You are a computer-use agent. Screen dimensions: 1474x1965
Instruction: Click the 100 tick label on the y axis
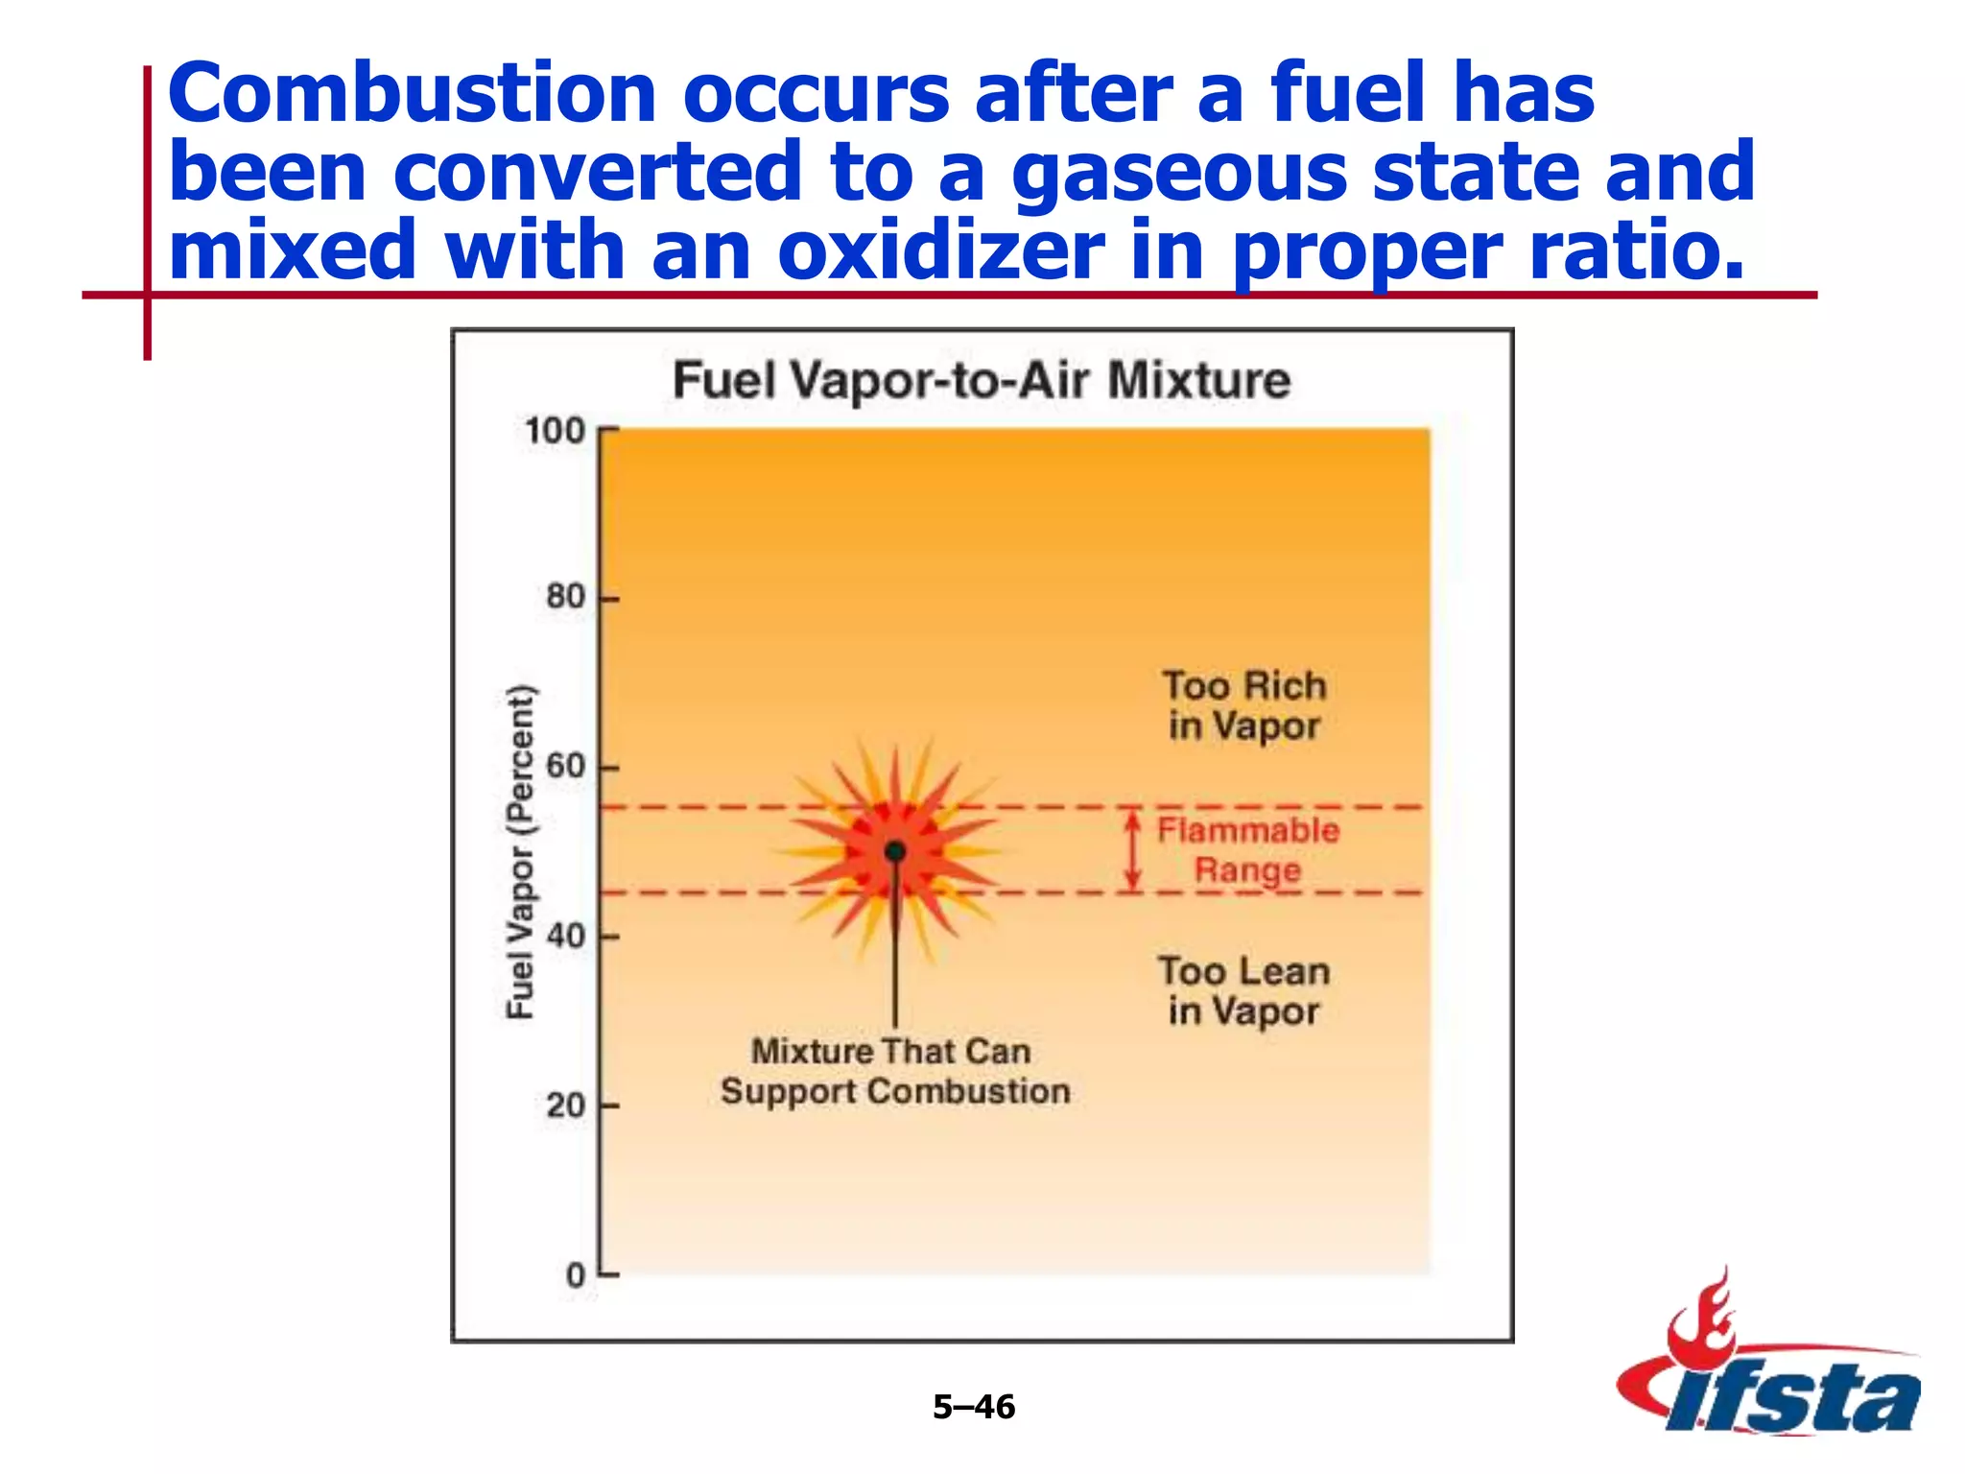pos(555,431)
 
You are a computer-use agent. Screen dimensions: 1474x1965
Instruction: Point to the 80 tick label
pos(565,597)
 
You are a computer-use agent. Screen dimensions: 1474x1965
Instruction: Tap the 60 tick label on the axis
pos(565,766)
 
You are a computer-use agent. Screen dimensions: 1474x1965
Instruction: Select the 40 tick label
pos(565,936)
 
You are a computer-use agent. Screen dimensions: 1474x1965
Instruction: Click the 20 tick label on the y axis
pos(565,1105)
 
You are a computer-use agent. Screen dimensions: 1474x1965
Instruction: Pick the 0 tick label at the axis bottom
pos(576,1275)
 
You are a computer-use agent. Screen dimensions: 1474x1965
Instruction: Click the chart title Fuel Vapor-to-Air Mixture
pos(981,380)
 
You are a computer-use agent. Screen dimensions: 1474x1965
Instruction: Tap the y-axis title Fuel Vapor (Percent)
pos(520,851)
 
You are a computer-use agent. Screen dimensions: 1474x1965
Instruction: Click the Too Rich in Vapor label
pos(1244,705)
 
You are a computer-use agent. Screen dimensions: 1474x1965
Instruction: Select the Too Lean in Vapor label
pos(1244,990)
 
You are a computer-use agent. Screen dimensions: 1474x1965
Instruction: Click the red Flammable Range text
pos(1247,850)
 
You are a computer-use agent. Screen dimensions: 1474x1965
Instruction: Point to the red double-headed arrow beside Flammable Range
pos(1133,850)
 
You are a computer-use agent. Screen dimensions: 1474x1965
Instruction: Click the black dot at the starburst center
pos(895,851)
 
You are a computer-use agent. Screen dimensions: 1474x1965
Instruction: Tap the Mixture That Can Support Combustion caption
pos(894,1071)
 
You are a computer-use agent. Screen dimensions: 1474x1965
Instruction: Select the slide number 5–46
pos(974,1407)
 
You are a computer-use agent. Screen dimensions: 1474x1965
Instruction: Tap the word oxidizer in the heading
pos(940,251)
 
